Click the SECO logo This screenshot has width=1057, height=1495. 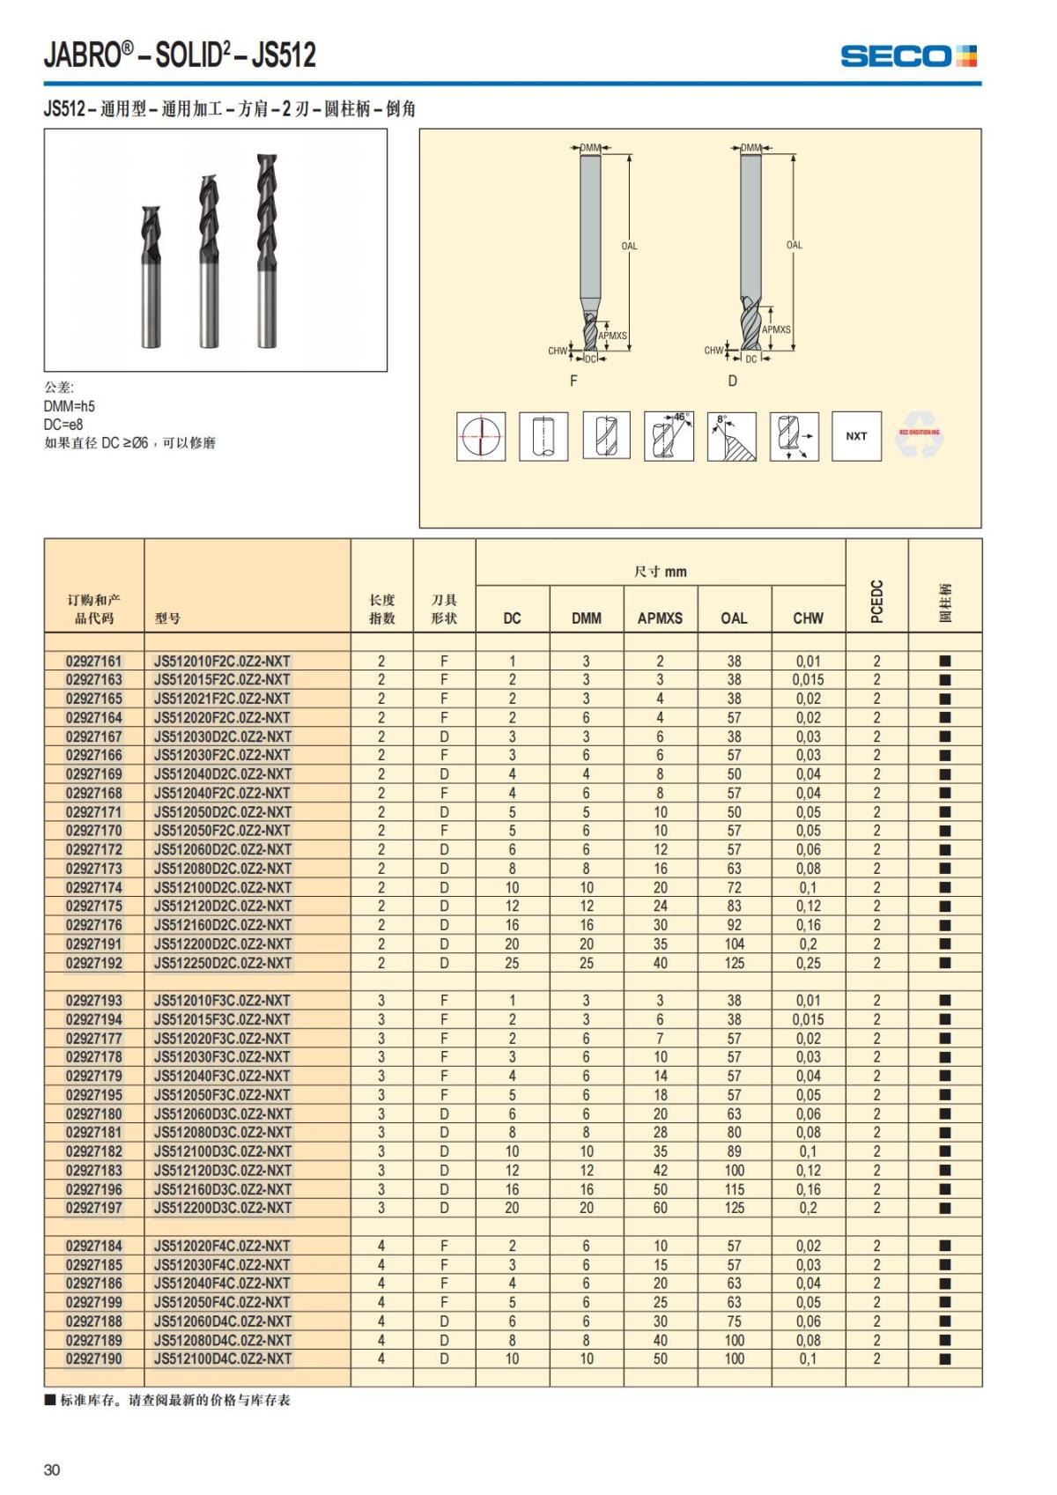coord(908,56)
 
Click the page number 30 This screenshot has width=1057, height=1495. coord(52,1469)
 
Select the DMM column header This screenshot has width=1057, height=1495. coord(586,618)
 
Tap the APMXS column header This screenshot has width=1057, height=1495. coord(660,618)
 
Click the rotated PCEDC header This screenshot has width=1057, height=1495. coord(876,602)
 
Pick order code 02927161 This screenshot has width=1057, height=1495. coord(94,661)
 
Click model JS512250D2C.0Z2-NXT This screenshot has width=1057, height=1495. coord(222,963)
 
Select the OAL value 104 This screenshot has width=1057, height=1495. coord(734,944)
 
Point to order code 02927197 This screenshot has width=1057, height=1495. coord(94,1208)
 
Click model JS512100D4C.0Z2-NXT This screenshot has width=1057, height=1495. coord(222,1358)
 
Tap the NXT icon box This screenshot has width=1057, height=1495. coord(856,436)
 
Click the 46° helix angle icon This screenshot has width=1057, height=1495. coord(669,436)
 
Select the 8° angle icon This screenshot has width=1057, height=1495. coord(731,436)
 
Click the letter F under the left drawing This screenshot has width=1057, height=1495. coord(573,381)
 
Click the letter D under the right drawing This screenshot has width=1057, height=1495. coord(732,381)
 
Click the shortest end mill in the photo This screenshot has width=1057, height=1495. coord(152,278)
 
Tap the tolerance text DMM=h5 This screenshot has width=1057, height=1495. coord(70,406)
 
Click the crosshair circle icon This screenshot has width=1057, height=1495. coord(481,436)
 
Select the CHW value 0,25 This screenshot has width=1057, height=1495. coord(808,963)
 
